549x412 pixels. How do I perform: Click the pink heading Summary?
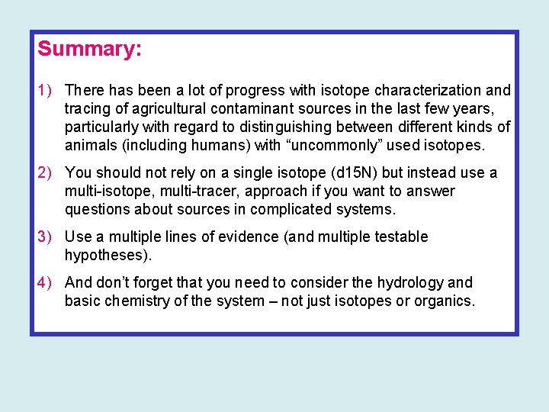89,49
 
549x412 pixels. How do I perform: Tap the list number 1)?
45,91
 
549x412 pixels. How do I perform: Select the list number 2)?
45,173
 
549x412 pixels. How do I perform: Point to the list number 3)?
45,237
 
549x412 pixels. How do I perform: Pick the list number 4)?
45,283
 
